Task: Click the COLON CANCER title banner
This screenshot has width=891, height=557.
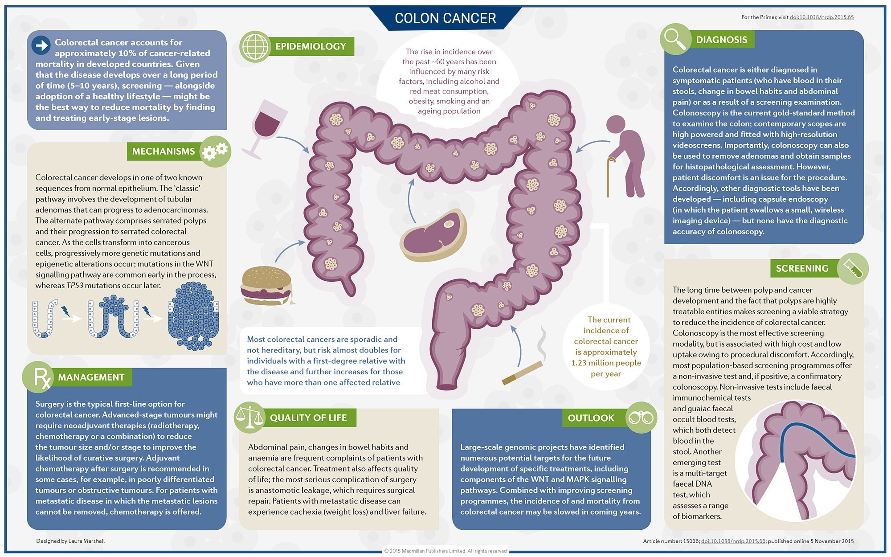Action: pyautogui.click(x=445, y=18)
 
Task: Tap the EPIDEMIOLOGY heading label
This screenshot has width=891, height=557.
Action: pyautogui.click(x=311, y=46)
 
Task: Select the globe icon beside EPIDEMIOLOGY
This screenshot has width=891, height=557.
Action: pyautogui.click(x=255, y=46)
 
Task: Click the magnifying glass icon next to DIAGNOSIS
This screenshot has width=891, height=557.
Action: pyautogui.click(x=675, y=39)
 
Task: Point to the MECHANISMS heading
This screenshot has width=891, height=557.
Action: pyautogui.click(x=163, y=152)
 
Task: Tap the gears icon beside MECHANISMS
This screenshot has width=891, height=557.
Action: pyautogui.click(x=215, y=152)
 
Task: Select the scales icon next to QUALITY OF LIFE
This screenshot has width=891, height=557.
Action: pyautogui.click(x=249, y=418)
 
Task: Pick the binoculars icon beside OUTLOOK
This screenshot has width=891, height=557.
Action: pyautogui.click(x=641, y=418)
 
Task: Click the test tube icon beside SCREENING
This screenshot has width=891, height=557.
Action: pyautogui.click(x=853, y=268)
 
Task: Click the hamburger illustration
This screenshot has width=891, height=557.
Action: pyautogui.click(x=266, y=286)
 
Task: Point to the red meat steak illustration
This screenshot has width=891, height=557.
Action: pyautogui.click(x=433, y=235)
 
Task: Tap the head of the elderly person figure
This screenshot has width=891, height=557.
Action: pyautogui.click(x=616, y=125)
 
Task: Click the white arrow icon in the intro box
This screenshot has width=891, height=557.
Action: pyautogui.click(x=41, y=45)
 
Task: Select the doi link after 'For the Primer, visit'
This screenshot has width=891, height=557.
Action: pyautogui.click(x=822, y=17)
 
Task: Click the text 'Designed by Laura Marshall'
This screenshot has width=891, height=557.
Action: pyautogui.click(x=70, y=541)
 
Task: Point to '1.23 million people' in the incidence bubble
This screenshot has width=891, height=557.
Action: pyautogui.click(x=606, y=363)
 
